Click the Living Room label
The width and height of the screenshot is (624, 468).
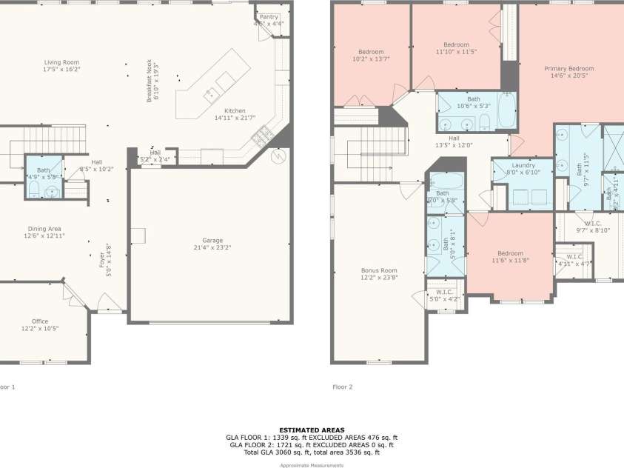click(x=61, y=62)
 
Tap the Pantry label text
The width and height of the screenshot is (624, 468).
click(x=269, y=16)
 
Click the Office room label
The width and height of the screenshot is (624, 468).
click(x=40, y=321)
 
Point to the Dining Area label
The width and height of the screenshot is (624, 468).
click(x=45, y=229)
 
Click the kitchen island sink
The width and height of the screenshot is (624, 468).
click(x=210, y=93)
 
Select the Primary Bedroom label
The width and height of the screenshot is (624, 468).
click(x=568, y=69)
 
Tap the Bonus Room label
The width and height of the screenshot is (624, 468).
click(x=378, y=270)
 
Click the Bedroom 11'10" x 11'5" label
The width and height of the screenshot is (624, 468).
click(x=456, y=45)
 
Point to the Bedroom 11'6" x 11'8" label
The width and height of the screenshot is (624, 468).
click(x=510, y=253)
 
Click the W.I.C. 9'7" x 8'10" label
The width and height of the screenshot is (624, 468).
click(x=592, y=223)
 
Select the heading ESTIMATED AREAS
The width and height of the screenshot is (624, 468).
click(x=312, y=429)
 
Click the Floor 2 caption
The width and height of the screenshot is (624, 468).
click(x=342, y=387)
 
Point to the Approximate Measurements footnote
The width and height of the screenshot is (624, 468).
click(x=312, y=465)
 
